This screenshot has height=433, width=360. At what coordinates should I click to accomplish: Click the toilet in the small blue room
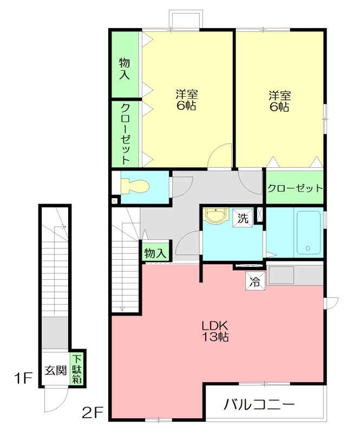[135, 187]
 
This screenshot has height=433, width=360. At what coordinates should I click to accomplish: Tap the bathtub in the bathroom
[309, 233]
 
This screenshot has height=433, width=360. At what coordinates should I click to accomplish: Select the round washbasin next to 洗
[215, 215]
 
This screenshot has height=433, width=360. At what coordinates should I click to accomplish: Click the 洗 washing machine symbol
[243, 219]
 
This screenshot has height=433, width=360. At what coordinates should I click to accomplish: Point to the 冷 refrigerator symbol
[255, 281]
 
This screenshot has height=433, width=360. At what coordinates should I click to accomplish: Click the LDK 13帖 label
[215, 331]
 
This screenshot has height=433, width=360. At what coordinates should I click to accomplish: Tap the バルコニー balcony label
[259, 405]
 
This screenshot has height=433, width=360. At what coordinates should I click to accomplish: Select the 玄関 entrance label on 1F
[56, 370]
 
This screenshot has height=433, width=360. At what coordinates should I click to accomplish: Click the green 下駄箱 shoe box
[77, 369]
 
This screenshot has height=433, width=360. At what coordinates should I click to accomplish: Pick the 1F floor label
[23, 378]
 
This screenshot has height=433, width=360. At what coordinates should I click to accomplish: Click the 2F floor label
[92, 413]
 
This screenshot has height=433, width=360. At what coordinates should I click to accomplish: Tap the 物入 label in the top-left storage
[125, 69]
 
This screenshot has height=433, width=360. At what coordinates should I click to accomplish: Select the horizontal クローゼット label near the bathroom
[295, 188]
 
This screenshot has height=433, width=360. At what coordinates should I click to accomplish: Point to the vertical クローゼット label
[126, 134]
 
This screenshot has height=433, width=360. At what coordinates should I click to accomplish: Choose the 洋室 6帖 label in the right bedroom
[279, 101]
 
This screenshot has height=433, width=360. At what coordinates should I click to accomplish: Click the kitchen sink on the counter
[282, 275]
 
